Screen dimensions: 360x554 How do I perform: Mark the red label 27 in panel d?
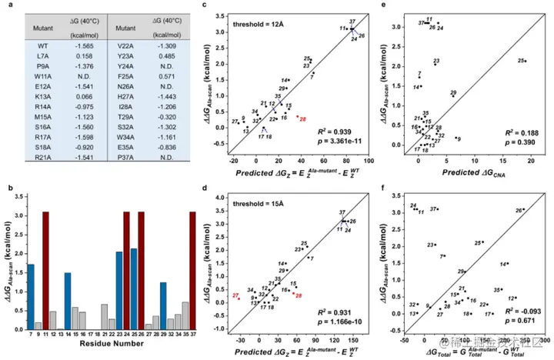[x=236, y=295]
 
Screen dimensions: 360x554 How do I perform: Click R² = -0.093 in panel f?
[x=509, y=310]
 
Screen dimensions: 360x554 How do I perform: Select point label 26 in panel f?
[x=518, y=209]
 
